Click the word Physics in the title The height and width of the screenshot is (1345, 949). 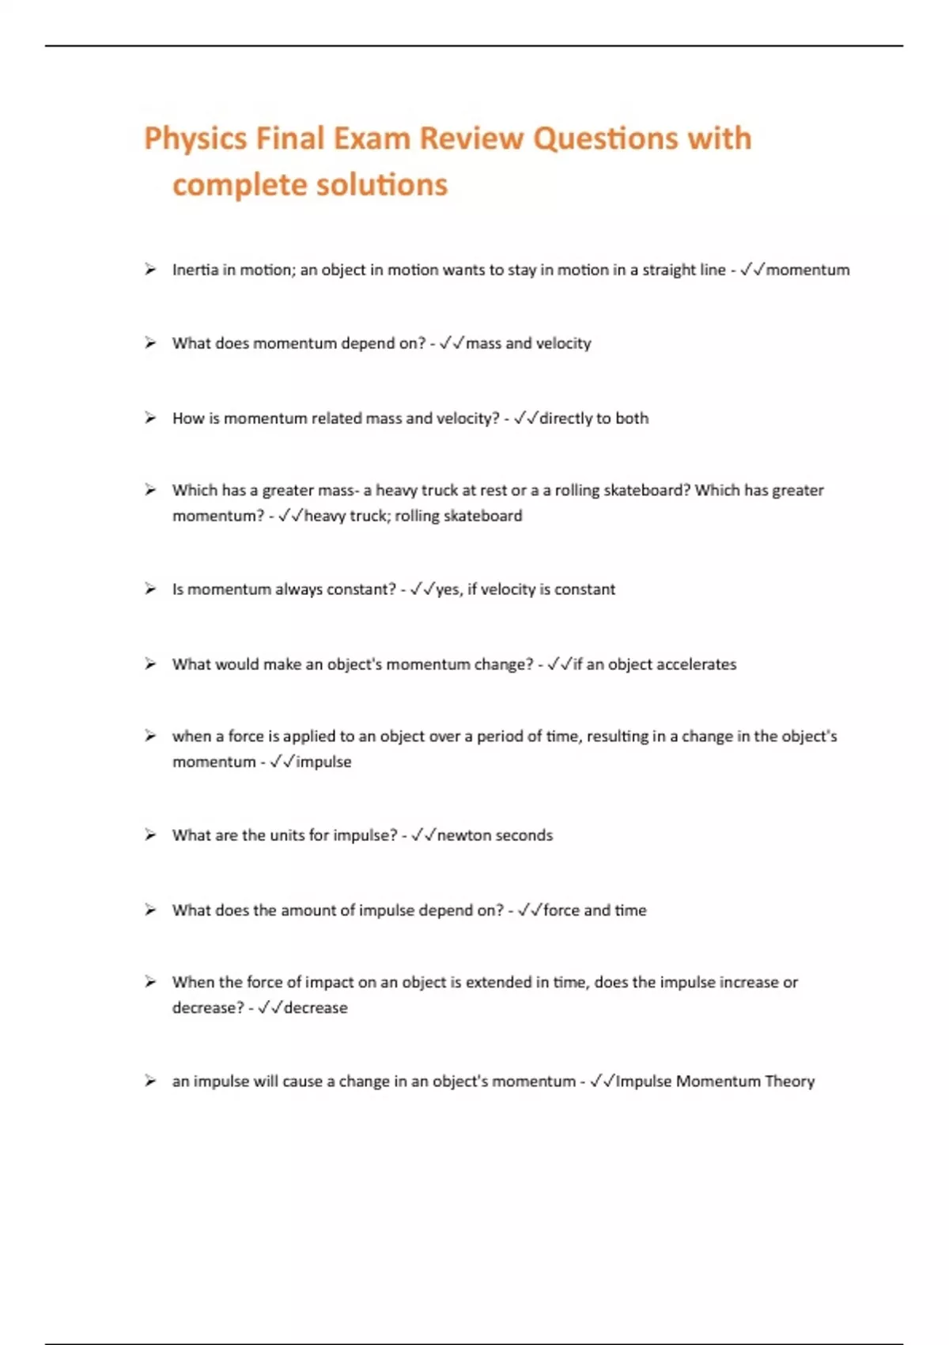[x=195, y=139]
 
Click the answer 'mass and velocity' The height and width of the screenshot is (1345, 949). [x=528, y=343]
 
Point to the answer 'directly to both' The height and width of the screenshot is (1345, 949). [x=593, y=418]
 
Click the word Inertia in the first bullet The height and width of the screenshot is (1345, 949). [x=195, y=270]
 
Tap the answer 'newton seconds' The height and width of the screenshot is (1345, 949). [x=494, y=835]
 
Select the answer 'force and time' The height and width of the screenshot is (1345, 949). [x=594, y=911]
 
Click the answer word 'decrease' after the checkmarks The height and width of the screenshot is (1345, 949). [x=316, y=1008]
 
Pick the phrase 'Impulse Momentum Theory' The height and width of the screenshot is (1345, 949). [x=715, y=1082]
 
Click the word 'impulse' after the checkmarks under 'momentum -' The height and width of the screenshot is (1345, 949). [x=323, y=762]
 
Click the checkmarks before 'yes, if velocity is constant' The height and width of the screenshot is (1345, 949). [x=422, y=589]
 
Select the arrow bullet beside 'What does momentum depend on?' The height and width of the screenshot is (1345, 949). [x=150, y=343]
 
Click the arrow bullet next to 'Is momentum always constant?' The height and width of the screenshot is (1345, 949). [x=150, y=589]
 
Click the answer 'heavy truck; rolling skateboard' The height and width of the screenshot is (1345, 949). [x=413, y=516]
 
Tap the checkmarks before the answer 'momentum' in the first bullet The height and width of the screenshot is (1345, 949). [x=752, y=270]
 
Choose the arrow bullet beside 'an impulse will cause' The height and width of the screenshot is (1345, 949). [x=150, y=1082]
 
